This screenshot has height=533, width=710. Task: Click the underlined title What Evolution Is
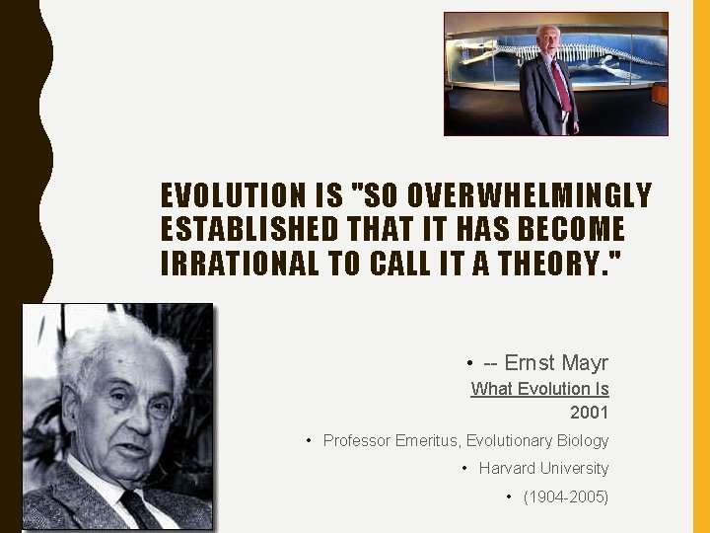pos(539,389)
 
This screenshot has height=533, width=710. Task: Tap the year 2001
pos(589,413)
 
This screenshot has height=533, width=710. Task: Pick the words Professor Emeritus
pos(390,440)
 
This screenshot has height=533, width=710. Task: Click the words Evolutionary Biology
pos(537,440)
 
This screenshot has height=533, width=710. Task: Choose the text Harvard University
pos(543,468)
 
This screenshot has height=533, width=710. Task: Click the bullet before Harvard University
pos(465,468)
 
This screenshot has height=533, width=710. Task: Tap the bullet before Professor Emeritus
pos(310,440)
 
